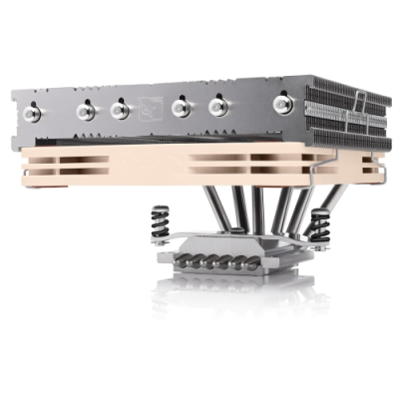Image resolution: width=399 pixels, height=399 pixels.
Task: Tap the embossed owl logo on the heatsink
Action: tap(152, 103)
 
